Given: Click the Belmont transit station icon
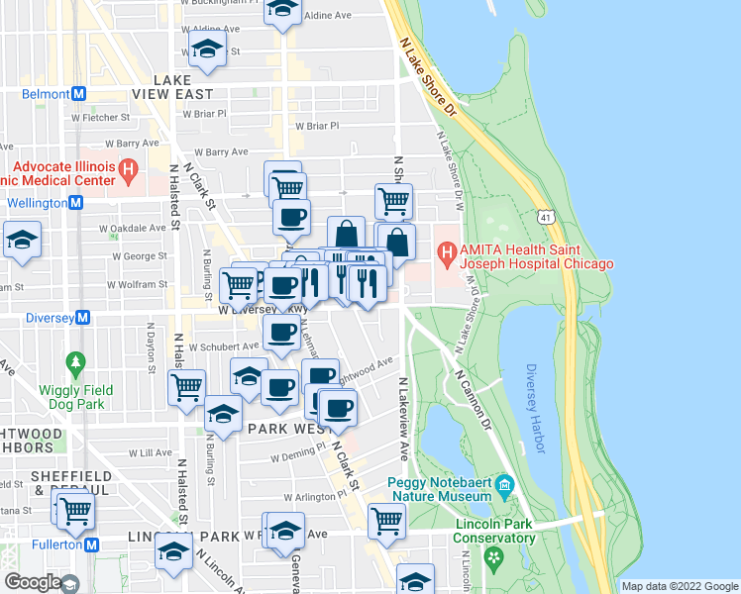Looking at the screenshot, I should (78, 94).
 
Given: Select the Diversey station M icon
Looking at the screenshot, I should (83, 318).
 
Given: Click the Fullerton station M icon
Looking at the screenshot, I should (92, 544).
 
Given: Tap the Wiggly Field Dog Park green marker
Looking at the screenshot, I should (74, 363).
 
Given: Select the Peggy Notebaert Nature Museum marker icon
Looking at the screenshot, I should (505, 484).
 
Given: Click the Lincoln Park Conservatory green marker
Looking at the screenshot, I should (492, 560).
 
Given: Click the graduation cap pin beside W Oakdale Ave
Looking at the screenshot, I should (21, 241).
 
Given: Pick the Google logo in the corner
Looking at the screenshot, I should (32, 582).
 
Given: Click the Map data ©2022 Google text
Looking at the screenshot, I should (680, 586).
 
